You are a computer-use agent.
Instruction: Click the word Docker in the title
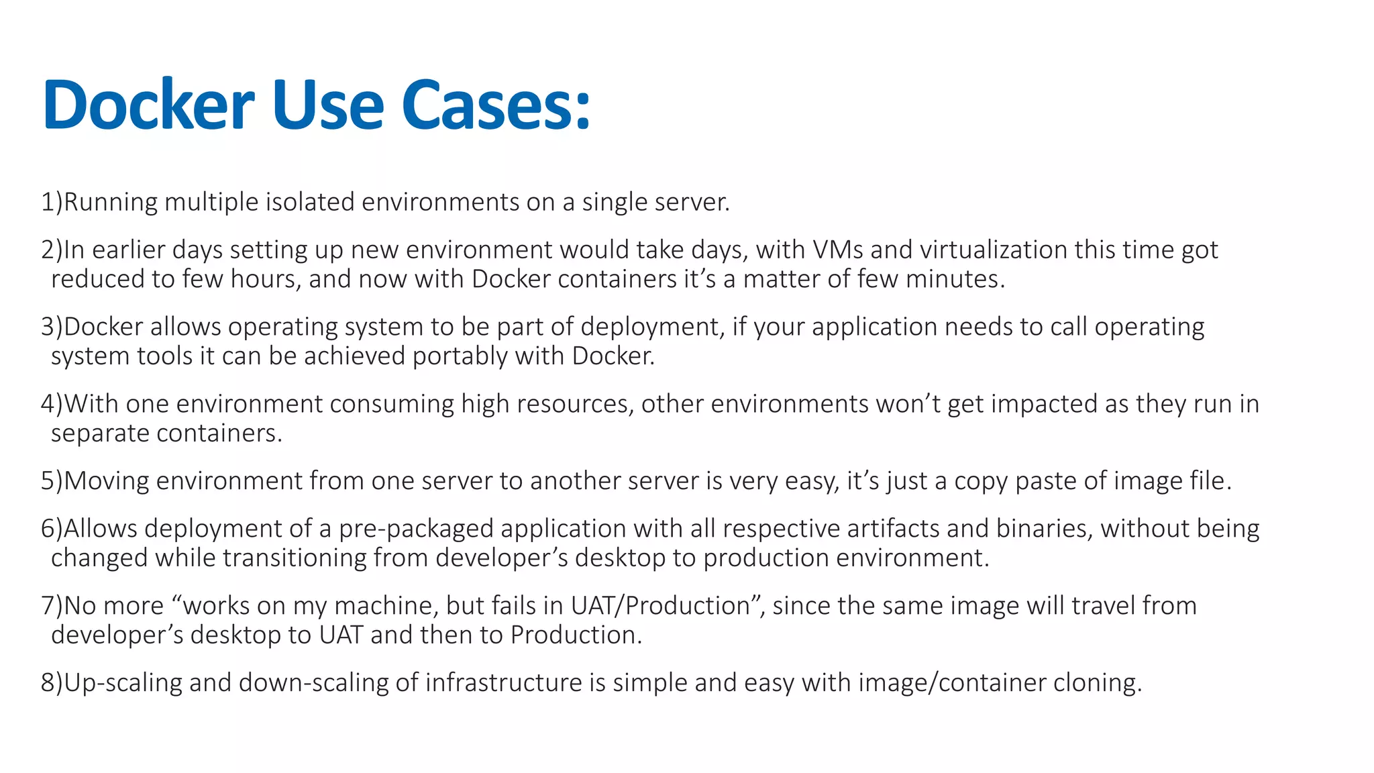[x=148, y=105]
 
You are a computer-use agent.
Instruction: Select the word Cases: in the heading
[x=496, y=105]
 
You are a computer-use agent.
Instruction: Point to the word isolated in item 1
[x=310, y=202]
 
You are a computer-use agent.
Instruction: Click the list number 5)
[x=51, y=481]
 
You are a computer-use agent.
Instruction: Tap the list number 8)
[x=51, y=683]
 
